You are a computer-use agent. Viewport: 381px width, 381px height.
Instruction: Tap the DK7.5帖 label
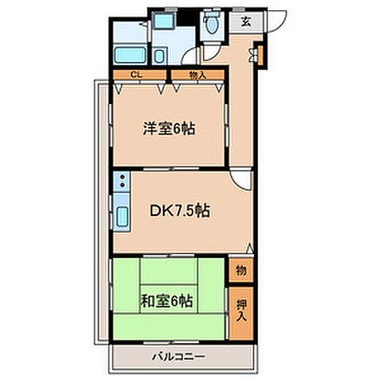point(180,211)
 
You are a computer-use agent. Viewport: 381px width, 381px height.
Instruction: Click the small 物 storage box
point(241,270)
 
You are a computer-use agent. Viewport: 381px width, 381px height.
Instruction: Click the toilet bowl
point(211,26)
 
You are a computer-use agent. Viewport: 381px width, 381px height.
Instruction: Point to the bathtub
point(129,56)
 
